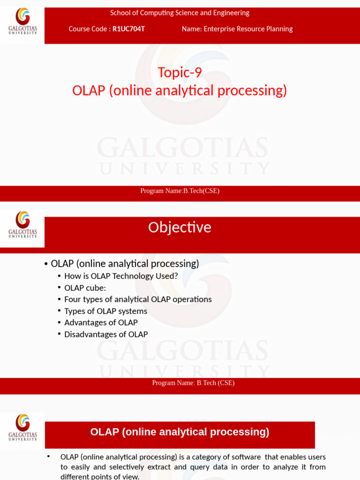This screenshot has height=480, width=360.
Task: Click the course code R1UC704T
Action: (x=128, y=29)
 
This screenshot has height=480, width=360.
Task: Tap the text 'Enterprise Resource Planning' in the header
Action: (x=248, y=29)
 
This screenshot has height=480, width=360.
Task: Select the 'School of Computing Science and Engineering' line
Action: (x=180, y=13)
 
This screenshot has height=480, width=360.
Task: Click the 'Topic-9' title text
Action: (x=180, y=73)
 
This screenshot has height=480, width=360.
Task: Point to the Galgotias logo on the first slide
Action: (x=22, y=22)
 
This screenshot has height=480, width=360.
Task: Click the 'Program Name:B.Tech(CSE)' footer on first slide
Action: (x=180, y=191)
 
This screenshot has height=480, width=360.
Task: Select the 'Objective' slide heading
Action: (x=180, y=227)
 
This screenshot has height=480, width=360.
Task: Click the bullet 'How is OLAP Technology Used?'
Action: (x=121, y=276)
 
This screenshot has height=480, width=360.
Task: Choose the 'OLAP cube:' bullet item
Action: (x=85, y=288)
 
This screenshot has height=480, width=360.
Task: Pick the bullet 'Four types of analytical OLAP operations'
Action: (x=138, y=299)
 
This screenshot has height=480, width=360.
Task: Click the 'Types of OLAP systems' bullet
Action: (x=105, y=311)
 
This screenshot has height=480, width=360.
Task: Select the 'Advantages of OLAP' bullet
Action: (x=101, y=322)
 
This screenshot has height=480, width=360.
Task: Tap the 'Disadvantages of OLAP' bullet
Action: (x=106, y=334)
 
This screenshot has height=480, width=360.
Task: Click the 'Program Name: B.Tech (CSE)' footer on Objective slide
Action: (x=193, y=383)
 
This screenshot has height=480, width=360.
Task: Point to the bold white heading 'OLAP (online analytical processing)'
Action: (x=180, y=432)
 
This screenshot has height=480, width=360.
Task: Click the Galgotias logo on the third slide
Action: (x=22, y=427)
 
